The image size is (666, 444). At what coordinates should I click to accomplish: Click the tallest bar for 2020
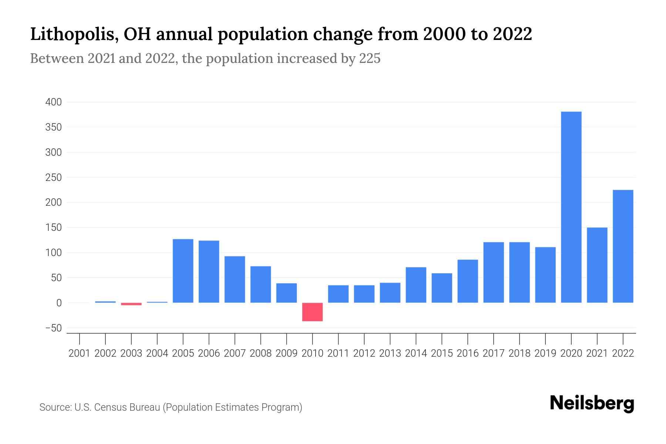pos(571,207)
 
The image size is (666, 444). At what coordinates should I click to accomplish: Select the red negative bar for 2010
pos(312,312)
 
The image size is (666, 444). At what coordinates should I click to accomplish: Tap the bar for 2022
pos(623,246)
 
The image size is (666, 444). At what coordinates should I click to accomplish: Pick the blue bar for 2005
pos(183,271)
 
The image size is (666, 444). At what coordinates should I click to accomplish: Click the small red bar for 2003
pos(131,304)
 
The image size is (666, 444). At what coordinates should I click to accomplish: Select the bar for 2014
pos(416,285)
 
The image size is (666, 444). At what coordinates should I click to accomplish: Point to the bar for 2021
pos(597,265)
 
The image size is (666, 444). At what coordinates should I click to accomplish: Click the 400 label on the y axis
pos(53,102)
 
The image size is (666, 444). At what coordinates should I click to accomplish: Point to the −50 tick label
pos(53,328)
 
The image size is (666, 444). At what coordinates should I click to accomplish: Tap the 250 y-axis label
pos(53,178)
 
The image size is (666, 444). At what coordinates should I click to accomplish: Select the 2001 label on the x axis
pos(80,353)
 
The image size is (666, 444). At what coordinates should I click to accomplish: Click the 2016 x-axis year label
pos(468,353)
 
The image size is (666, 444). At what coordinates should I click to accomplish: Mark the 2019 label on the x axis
pos(545,353)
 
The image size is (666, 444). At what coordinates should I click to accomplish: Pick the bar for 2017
pos(494,272)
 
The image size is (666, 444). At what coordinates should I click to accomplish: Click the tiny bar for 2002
pos(105,302)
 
